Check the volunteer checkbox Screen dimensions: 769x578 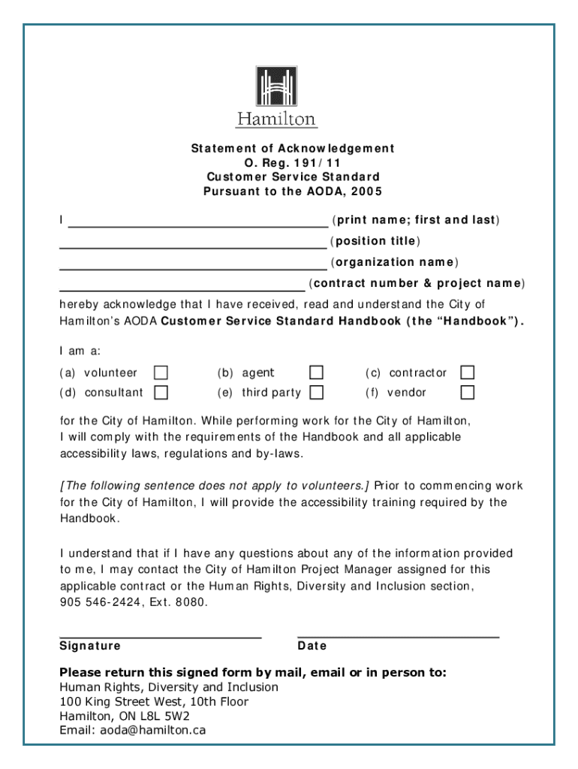click(x=161, y=372)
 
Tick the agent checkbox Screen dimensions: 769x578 click(x=317, y=372)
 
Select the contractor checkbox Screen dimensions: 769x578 click(x=468, y=372)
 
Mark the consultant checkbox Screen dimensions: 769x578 click(x=161, y=392)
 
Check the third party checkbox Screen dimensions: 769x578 click(x=317, y=392)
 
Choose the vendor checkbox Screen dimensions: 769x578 click(x=468, y=392)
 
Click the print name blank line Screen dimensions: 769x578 click(x=198, y=225)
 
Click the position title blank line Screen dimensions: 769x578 click(x=193, y=246)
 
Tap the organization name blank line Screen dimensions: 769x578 click(x=193, y=267)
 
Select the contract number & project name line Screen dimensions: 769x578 click(x=182, y=288)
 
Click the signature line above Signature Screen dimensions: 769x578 click(x=160, y=636)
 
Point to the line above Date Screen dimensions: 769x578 click(x=398, y=636)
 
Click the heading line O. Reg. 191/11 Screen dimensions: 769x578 click(x=292, y=163)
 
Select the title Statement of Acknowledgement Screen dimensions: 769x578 click(x=292, y=149)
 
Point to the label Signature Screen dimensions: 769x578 click(x=90, y=646)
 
